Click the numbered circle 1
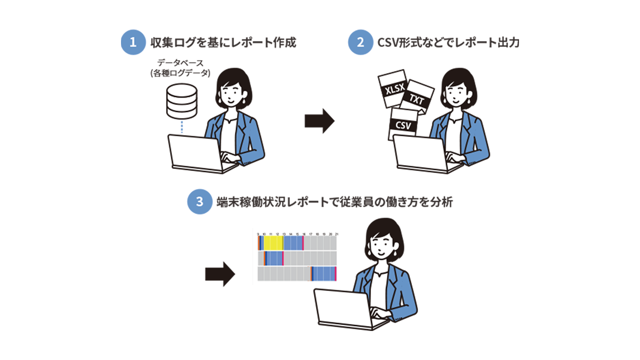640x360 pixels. coord(132,42)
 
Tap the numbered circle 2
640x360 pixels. coord(360,42)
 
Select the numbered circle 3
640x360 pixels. coord(199,202)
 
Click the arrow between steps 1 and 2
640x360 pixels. coord(319,121)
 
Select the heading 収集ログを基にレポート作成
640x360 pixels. coord(223,42)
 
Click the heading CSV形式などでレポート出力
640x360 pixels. coord(449,42)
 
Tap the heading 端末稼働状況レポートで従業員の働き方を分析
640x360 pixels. coord(334,202)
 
